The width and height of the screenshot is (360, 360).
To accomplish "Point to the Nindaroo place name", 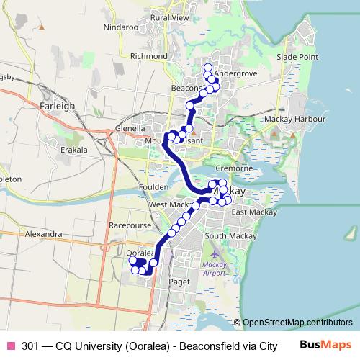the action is [x=120, y=27].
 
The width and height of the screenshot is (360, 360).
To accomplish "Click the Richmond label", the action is [x=148, y=55].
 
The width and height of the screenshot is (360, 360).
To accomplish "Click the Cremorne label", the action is [x=233, y=168].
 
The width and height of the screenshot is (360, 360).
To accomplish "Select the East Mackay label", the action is [x=249, y=212].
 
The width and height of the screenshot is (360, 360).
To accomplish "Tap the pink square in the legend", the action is [x=10, y=346].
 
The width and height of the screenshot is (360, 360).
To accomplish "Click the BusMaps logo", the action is [x=325, y=345].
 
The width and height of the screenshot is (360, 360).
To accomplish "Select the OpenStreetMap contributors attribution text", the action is [x=297, y=323].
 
